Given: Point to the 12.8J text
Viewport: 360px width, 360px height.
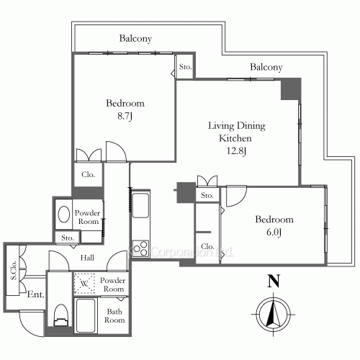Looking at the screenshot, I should click(236, 150).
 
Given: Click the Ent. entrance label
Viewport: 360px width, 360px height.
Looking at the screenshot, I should click(36, 294).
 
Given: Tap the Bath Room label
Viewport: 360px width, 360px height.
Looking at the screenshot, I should click(114, 317).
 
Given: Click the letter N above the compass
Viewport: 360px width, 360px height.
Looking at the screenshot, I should click(273, 282).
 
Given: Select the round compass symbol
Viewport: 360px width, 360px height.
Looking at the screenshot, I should click(273, 313).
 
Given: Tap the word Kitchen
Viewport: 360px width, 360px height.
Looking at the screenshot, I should click(235, 138).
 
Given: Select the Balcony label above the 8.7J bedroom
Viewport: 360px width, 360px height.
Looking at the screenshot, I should click(135, 39).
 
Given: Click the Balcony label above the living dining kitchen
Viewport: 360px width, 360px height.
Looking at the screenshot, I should click(266, 68).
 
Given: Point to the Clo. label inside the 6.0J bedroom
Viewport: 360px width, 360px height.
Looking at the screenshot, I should click(207, 247).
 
